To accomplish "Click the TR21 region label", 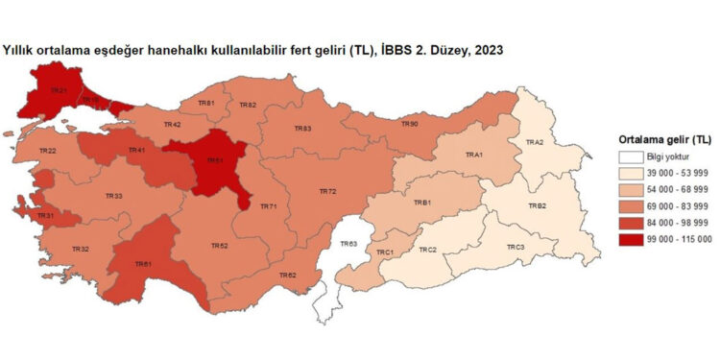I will click(59, 91).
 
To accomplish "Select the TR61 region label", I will click(143, 264).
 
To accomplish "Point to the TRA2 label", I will click(534, 142).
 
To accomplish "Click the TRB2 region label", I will click(537, 206).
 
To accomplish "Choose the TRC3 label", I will click(516, 248).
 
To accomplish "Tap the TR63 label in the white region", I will click(348, 245).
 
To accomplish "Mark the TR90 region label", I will click(409, 124).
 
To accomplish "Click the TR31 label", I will click(45, 216).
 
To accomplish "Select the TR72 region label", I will click(327, 192).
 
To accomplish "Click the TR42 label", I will click(173, 125).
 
